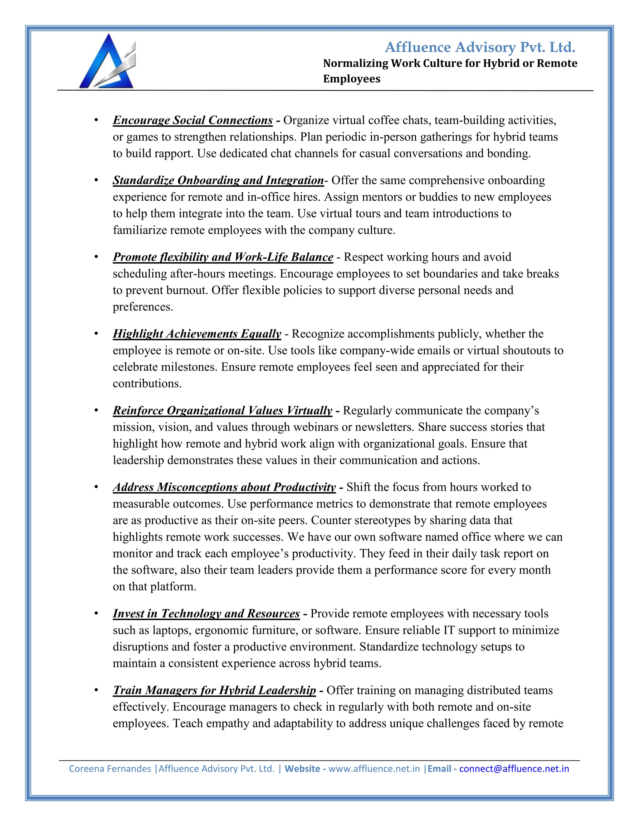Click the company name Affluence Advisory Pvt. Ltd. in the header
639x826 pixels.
(480, 47)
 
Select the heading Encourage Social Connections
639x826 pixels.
(193, 120)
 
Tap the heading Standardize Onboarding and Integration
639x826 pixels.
(218, 180)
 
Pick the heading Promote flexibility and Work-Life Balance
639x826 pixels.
(223, 257)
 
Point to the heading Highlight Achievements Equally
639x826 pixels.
(197, 334)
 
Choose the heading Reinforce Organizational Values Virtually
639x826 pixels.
(222, 411)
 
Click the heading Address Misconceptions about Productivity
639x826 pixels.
(224, 487)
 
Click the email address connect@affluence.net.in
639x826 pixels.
(514, 769)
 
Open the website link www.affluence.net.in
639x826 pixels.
(374, 769)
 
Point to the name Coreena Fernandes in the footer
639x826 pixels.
(110, 769)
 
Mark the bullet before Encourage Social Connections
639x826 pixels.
(96, 120)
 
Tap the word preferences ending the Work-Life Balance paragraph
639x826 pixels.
(143, 307)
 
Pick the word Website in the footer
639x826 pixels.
(302, 769)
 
